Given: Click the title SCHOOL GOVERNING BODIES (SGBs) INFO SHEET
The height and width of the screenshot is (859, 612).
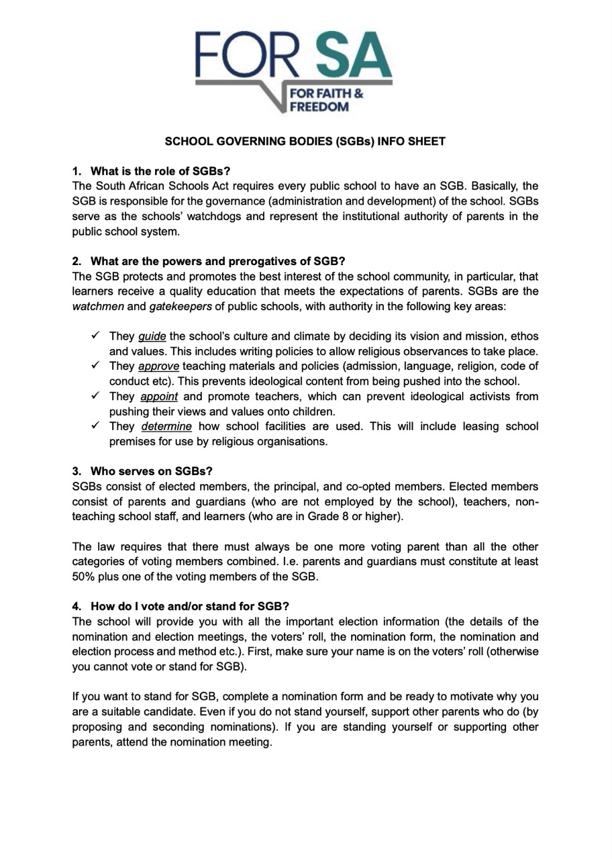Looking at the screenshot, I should [305, 142].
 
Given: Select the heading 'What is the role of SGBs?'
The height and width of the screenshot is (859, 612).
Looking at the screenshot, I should [160, 171].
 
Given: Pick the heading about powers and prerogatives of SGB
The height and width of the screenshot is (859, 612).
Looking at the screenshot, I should [217, 261].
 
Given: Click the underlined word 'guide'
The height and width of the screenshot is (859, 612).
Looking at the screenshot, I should [152, 336].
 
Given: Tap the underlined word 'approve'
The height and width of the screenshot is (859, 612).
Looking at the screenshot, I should [158, 366].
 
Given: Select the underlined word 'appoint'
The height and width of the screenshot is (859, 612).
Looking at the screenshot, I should [159, 397].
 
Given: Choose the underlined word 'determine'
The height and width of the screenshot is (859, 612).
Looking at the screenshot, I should [166, 427].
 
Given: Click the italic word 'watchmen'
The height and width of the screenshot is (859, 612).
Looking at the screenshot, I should [95, 306].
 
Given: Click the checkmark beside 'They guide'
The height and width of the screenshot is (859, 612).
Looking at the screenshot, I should [96, 336].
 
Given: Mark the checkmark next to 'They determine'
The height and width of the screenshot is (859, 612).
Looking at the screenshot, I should [96, 426].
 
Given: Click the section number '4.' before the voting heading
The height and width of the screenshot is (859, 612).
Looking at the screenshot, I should [77, 607].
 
